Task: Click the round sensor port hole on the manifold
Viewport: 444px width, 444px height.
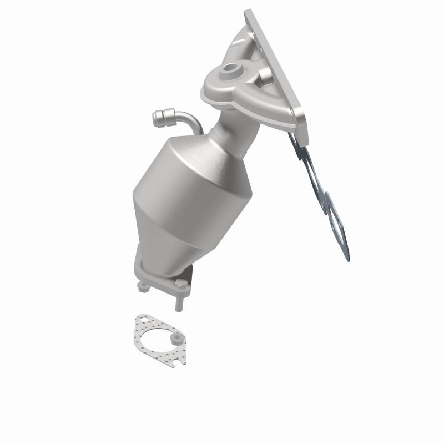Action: pyautogui.click(x=229, y=70)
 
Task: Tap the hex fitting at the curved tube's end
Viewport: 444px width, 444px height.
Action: pyautogui.click(x=158, y=117)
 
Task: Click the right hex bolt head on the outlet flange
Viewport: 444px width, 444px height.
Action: pyautogui.click(x=182, y=284)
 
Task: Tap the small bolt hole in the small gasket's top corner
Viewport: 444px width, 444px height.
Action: pyautogui.click(x=143, y=320)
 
